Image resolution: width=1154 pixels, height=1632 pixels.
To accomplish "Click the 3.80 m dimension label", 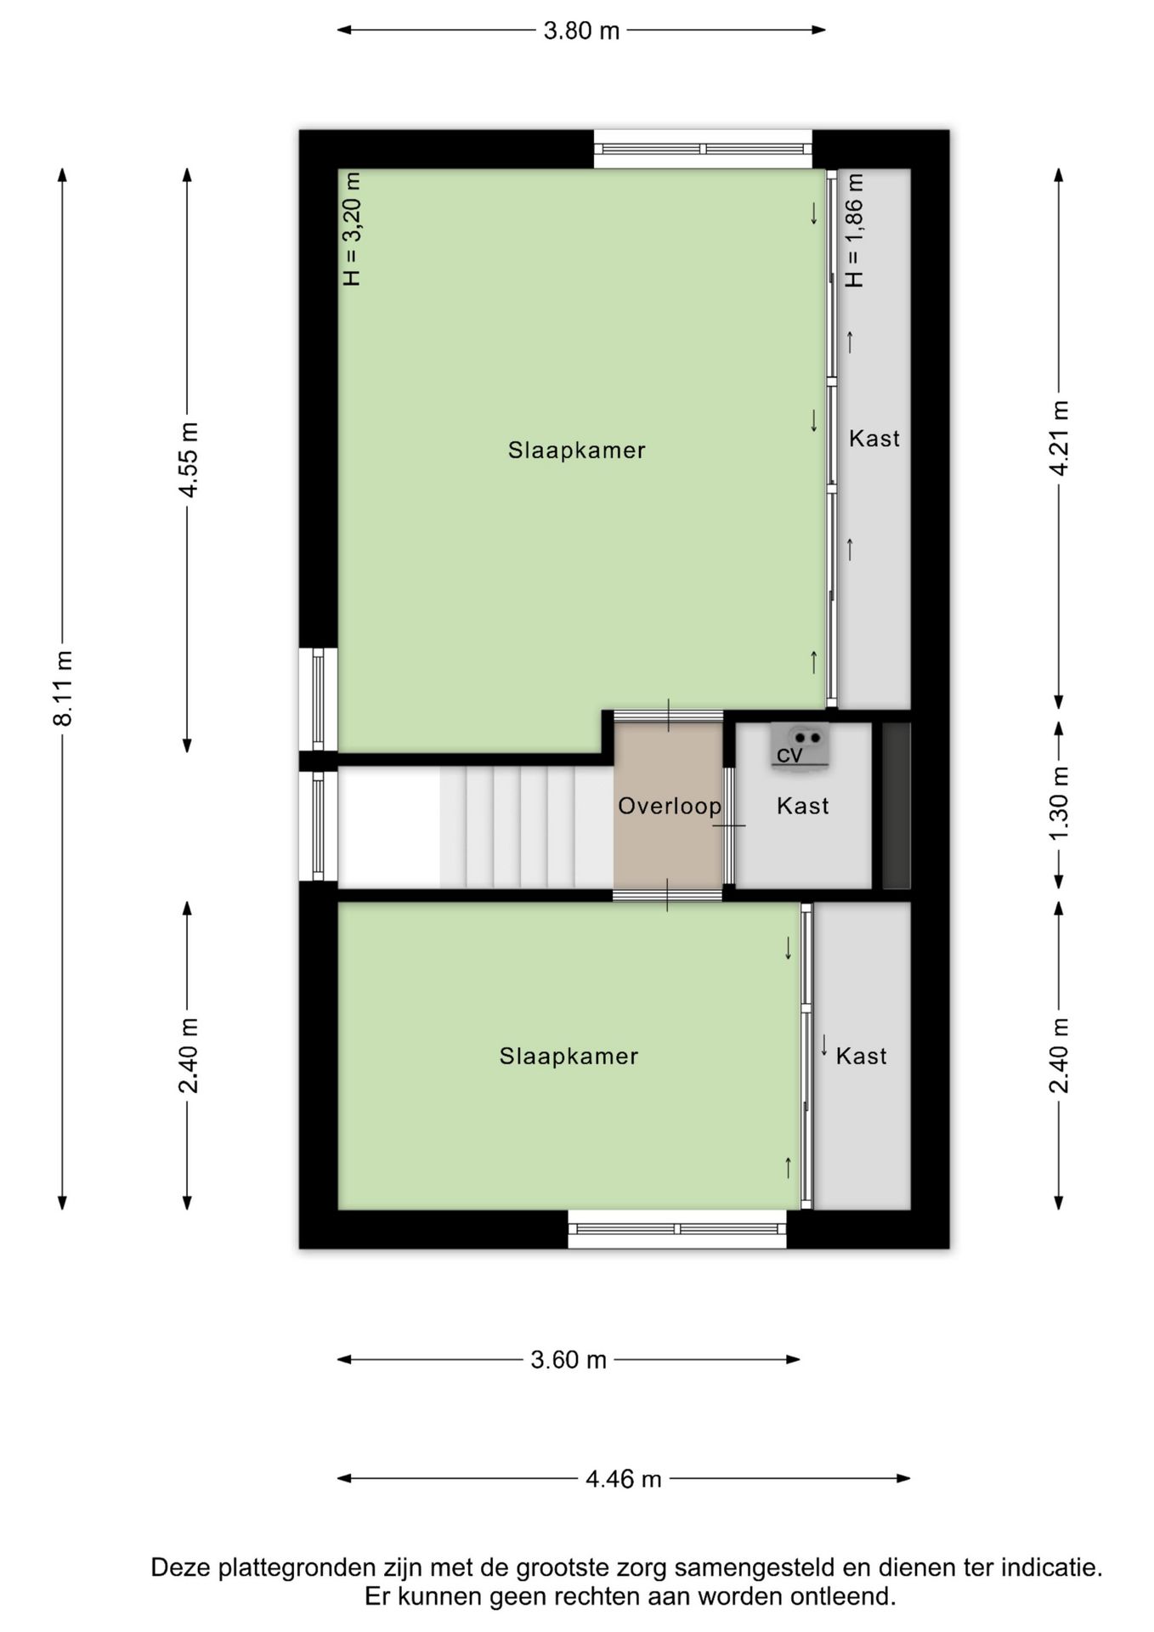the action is (581, 31).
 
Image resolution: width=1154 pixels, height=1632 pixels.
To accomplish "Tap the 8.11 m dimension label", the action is (64, 688).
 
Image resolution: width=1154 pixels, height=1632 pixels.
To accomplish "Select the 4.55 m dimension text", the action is (188, 460).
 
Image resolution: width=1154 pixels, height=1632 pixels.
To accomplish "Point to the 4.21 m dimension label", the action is (1059, 439).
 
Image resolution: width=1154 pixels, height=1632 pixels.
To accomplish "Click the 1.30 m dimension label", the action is (1059, 804).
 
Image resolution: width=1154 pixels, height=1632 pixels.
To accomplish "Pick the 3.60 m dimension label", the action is (569, 1360).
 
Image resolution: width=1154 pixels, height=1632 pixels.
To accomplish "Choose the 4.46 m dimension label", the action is (623, 1479).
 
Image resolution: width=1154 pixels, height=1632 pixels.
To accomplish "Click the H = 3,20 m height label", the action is (352, 229).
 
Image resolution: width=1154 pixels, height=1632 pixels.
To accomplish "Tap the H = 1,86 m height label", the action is (854, 230).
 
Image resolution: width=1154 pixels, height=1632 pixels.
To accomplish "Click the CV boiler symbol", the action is (800, 746).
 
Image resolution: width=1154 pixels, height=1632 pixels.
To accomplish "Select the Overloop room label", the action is (670, 806).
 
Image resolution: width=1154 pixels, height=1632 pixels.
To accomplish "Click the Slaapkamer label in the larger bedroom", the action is (577, 450).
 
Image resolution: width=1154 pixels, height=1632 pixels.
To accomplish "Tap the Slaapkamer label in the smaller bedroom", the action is (569, 1056).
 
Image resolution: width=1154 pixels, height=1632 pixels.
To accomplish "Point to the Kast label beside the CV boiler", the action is (803, 806).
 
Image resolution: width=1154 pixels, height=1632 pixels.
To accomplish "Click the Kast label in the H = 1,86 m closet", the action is (874, 439).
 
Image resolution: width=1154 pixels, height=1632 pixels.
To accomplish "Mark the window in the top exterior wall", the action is (703, 149).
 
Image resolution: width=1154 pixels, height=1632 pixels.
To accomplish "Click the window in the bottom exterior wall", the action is (677, 1229).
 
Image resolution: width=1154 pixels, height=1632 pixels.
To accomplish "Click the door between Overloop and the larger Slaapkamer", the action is (668, 716).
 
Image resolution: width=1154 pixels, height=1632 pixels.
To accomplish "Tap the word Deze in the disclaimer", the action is (181, 1567).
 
